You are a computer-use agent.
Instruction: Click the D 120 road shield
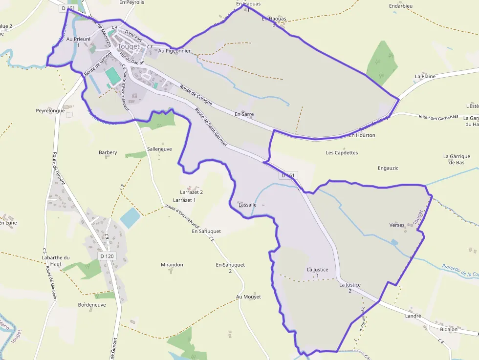click(107, 256)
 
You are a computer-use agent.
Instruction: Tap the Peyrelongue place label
click(50, 111)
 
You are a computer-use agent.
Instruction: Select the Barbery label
click(108, 152)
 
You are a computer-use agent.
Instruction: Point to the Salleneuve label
click(159, 149)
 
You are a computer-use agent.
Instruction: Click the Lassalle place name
click(247, 205)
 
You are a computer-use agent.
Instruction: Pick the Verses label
click(397, 225)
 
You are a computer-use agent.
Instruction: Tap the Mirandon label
click(172, 265)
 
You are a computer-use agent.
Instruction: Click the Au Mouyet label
click(248, 296)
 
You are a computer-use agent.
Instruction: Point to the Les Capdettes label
click(342, 152)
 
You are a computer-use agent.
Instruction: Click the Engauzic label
click(388, 168)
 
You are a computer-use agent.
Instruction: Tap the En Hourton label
click(362, 135)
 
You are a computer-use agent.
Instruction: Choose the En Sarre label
click(244, 114)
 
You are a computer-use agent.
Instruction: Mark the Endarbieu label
click(401, 6)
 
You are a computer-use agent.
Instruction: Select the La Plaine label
click(425, 77)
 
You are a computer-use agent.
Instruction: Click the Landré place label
click(413, 316)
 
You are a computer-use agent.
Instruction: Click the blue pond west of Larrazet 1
click(130, 218)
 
